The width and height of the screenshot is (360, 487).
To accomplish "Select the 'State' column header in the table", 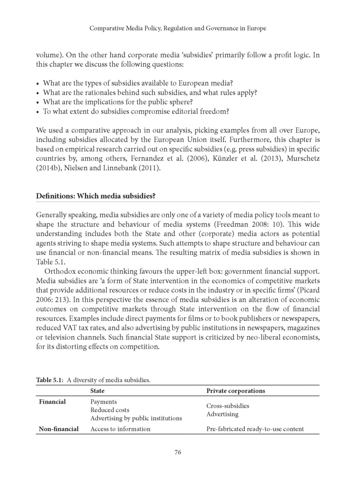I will point(97,391).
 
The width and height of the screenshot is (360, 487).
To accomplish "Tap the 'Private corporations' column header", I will point(235,391).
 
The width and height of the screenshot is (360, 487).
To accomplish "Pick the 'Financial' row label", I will point(52,402).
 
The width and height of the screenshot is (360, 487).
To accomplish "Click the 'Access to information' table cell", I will point(120,429).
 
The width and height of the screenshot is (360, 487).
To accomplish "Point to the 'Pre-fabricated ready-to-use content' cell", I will point(255,429).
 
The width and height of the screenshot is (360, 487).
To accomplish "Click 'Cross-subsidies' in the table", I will point(228,406).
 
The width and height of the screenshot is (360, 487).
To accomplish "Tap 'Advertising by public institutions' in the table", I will point(136,418).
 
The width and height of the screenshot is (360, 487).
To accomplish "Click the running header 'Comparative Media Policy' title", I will point(178,28).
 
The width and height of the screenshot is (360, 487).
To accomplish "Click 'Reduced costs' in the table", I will point(110,410).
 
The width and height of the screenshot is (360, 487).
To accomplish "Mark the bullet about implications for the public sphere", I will point(117,102).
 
